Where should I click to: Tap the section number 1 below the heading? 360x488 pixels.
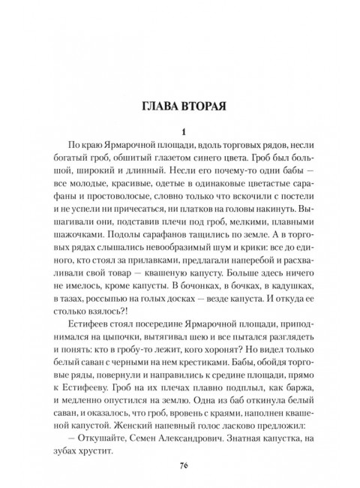[181, 131]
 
